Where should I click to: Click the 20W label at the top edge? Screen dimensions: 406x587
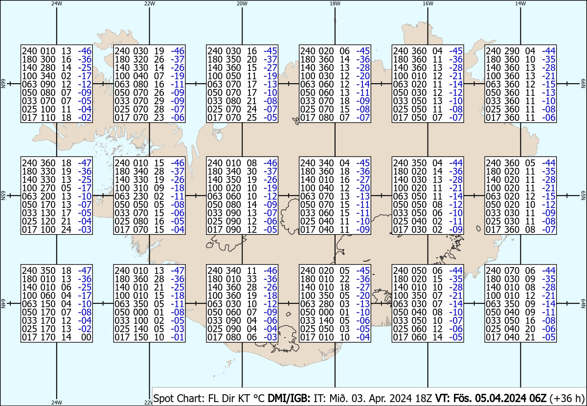[x=242, y=3]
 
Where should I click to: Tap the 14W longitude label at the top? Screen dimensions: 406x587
[x=520, y=3]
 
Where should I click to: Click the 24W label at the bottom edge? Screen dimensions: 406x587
[x=57, y=403]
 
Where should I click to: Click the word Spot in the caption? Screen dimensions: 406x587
[x=163, y=398]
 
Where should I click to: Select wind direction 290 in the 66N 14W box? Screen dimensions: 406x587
[x=507, y=51]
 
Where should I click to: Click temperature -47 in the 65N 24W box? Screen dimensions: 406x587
[x=85, y=163]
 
